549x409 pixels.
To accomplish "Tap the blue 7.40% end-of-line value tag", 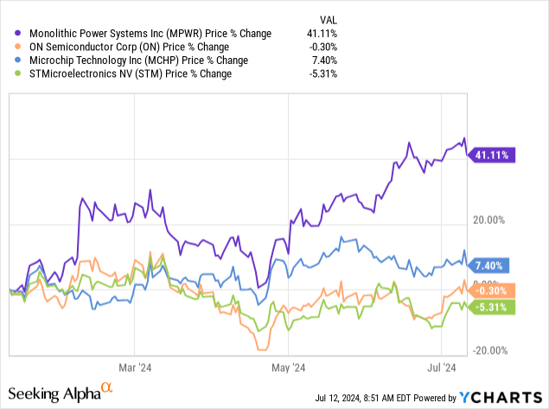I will pyautogui.click(x=489, y=265).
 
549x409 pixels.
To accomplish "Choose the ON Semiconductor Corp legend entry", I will pyautogui.click(x=137, y=48).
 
